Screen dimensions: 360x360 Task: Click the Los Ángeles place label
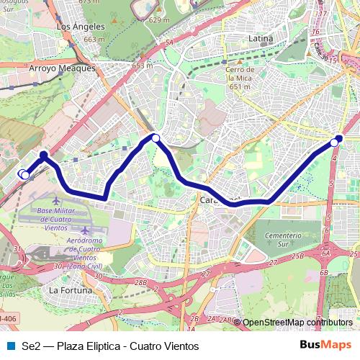80,26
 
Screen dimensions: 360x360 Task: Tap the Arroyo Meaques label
62,68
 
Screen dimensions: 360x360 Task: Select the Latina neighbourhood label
260,37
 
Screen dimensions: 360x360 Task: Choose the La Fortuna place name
71,290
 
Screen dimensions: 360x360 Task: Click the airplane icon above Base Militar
58,198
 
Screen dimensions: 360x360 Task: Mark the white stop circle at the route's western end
24,174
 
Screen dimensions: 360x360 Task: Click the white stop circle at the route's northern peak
156,137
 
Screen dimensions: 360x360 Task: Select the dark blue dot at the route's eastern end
339,138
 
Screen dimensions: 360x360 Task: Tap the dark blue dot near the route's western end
43,155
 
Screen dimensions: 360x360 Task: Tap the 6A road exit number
325,253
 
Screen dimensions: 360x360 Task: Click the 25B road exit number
299,256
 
